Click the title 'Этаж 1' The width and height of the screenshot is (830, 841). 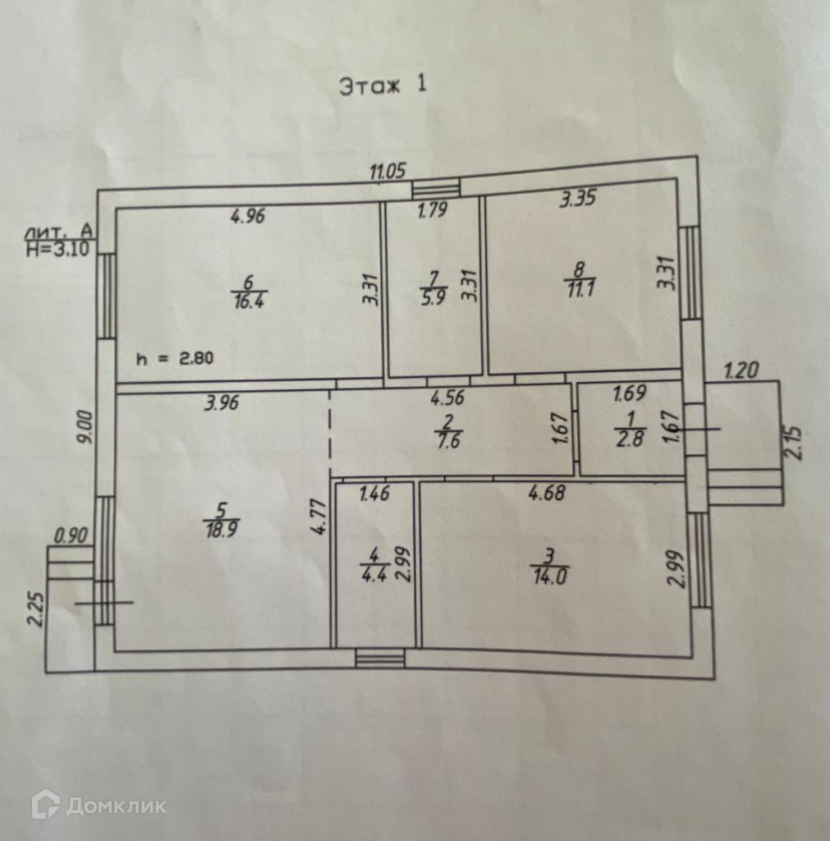383,85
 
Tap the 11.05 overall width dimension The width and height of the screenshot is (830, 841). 387,172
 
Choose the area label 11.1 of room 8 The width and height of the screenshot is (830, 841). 580,284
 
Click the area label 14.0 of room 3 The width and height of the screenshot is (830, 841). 549,574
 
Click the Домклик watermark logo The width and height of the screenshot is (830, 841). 99,805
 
